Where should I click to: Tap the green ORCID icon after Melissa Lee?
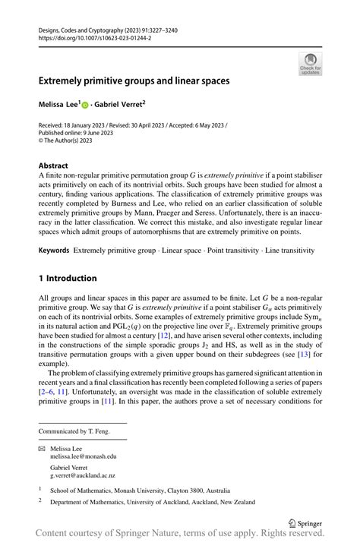[85, 103]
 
